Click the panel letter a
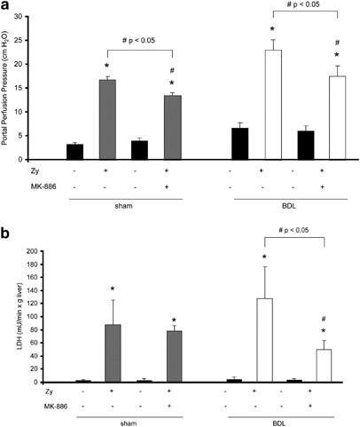pos(8,8)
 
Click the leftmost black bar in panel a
pos(73,152)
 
